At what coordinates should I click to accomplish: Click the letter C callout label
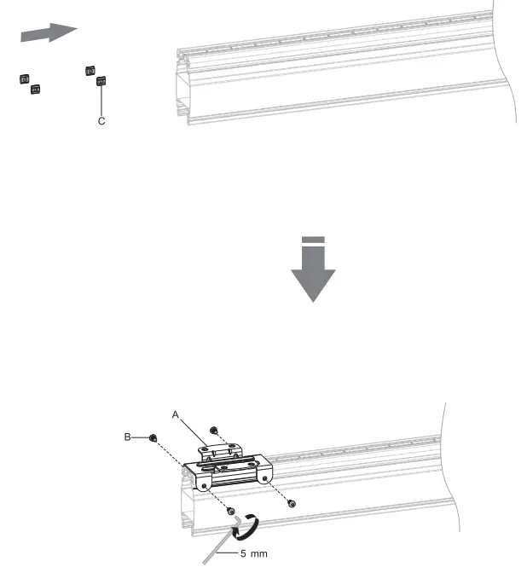pyautogui.click(x=101, y=122)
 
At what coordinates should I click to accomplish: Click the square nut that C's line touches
pyautogui.click(x=101, y=82)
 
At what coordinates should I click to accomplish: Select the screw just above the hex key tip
pyautogui.click(x=231, y=511)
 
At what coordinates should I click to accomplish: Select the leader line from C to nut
pyautogui.click(x=101, y=101)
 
